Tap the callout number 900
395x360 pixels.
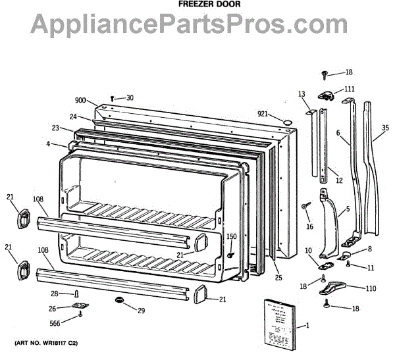[80, 100]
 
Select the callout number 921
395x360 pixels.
[263, 114]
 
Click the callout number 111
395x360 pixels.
[348, 89]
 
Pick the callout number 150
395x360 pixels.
[231, 236]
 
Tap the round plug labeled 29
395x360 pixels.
[119, 301]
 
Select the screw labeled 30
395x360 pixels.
[113, 99]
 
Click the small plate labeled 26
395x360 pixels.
[80, 307]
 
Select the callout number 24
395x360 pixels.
[74, 116]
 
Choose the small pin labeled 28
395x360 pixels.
[77, 294]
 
